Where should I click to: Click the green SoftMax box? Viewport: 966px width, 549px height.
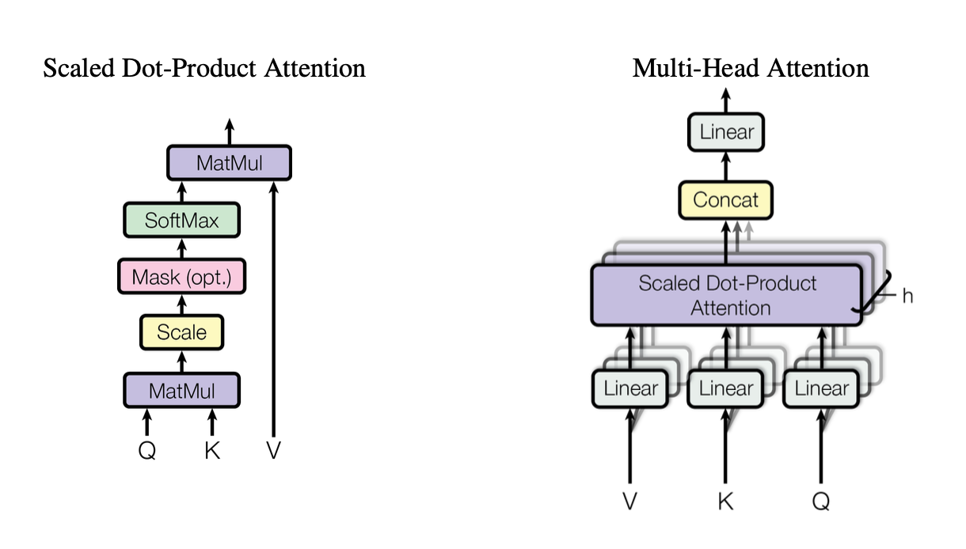tap(181, 220)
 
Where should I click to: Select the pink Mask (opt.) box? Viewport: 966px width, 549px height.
tap(181, 277)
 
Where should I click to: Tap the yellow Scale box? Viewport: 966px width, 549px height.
tap(181, 332)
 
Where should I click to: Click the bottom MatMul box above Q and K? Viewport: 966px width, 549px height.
tap(181, 390)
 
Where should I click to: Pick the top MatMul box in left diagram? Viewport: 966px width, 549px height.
tap(229, 163)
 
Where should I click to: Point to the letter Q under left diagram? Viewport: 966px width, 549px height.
tap(146, 451)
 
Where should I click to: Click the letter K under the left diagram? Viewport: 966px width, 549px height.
tap(211, 451)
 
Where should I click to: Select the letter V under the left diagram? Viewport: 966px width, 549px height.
tap(273, 451)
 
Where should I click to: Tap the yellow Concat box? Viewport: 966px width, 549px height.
tap(725, 200)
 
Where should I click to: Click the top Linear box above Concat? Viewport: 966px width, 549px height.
tap(726, 132)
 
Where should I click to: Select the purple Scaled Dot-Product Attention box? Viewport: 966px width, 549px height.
tap(726, 295)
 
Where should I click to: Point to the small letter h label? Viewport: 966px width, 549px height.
tap(907, 296)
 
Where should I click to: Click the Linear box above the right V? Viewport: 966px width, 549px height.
tap(630, 388)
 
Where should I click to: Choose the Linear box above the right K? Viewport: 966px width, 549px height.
tap(726, 388)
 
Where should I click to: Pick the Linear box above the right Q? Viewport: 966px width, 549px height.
tap(821, 388)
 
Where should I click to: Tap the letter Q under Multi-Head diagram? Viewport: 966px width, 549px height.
tap(821, 501)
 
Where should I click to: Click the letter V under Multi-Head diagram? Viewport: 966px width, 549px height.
tap(630, 501)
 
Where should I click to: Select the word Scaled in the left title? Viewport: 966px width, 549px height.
tap(70, 68)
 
